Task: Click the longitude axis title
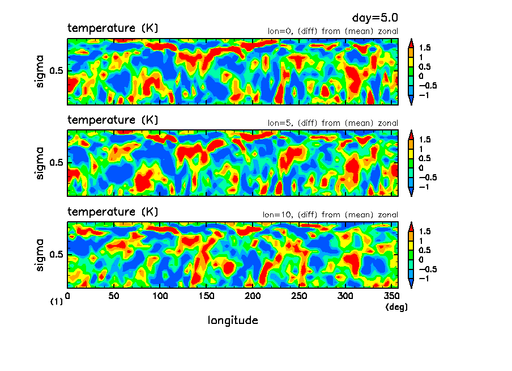233,321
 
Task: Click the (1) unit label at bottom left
57,302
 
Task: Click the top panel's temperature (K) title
113,28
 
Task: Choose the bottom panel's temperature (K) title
113,212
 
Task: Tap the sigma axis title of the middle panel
40,163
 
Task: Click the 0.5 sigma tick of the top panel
58,71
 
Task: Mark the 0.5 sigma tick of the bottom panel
58,255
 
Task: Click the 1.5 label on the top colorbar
425,48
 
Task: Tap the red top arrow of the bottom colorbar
411,225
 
